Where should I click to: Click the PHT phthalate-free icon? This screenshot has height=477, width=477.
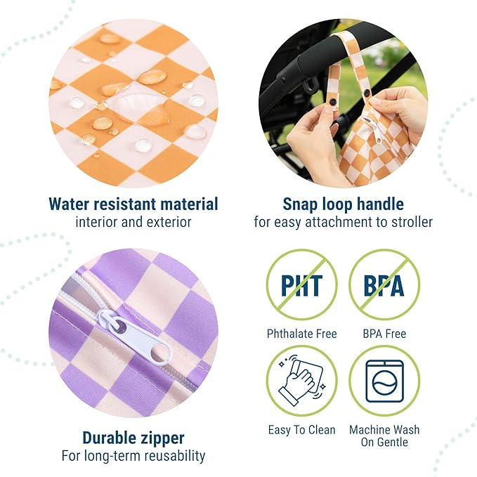pos(301,285)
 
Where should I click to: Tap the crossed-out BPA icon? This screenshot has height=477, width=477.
pos(384,285)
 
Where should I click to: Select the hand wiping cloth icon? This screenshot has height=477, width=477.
pos(301,380)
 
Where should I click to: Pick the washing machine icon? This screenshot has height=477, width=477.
pos(384,380)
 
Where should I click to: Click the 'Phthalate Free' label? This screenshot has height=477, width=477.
pos(302,334)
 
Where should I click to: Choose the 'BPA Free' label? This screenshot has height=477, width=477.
pos(384,334)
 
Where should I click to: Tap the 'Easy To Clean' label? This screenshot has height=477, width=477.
pos(302,430)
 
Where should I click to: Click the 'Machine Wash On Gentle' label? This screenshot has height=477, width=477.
pos(384,436)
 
